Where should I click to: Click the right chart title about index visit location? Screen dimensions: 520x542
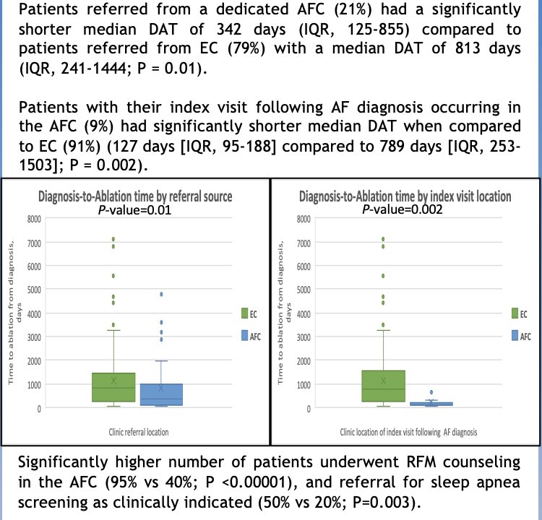pos(405,197)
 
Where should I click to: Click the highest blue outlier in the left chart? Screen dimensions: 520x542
pos(162,294)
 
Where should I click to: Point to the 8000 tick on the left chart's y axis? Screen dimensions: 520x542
pos(33,218)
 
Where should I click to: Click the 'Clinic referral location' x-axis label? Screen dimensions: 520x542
pos(134,433)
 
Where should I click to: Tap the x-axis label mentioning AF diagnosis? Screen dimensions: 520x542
pos(404,433)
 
